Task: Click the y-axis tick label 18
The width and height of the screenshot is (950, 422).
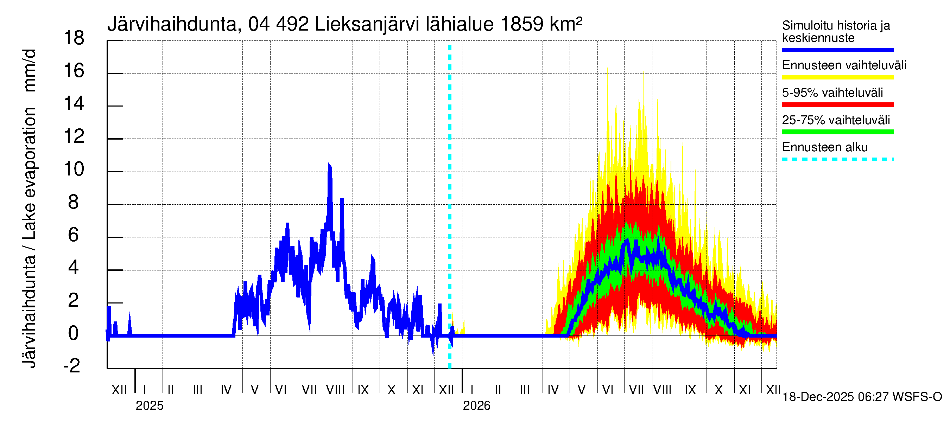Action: click(x=74, y=38)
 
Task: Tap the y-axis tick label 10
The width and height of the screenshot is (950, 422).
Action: click(x=74, y=169)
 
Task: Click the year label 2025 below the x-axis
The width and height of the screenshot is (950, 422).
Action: click(x=149, y=406)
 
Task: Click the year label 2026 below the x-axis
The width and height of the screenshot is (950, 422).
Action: click(x=476, y=406)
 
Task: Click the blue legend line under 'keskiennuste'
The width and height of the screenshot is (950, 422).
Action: click(x=837, y=50)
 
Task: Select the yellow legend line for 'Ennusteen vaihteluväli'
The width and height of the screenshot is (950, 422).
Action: click(x=837, y=77)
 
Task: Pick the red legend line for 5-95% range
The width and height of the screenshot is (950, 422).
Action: click(x=837, y=105)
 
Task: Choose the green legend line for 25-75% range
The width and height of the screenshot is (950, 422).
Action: click(x=837, y=132)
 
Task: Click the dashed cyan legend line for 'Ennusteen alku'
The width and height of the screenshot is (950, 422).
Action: click(x=837, y=160)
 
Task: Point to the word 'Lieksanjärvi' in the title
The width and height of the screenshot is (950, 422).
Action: click(x=367, y=25)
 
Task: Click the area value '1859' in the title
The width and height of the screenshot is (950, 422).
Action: click(x=521, y=25)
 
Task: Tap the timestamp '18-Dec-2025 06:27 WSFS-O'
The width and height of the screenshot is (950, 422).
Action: click(x=862, y=397)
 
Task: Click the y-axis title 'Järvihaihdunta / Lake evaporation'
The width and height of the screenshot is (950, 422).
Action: click(x=30, y=238)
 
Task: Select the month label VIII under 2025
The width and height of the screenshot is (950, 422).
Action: click(x=335, y=390)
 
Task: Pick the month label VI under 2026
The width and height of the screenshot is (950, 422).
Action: click(x=607, y=390)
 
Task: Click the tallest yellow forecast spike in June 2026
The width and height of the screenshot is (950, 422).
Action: click(x=607, y=70)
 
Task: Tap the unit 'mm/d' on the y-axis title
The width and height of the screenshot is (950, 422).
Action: click(x=30, y=70)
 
